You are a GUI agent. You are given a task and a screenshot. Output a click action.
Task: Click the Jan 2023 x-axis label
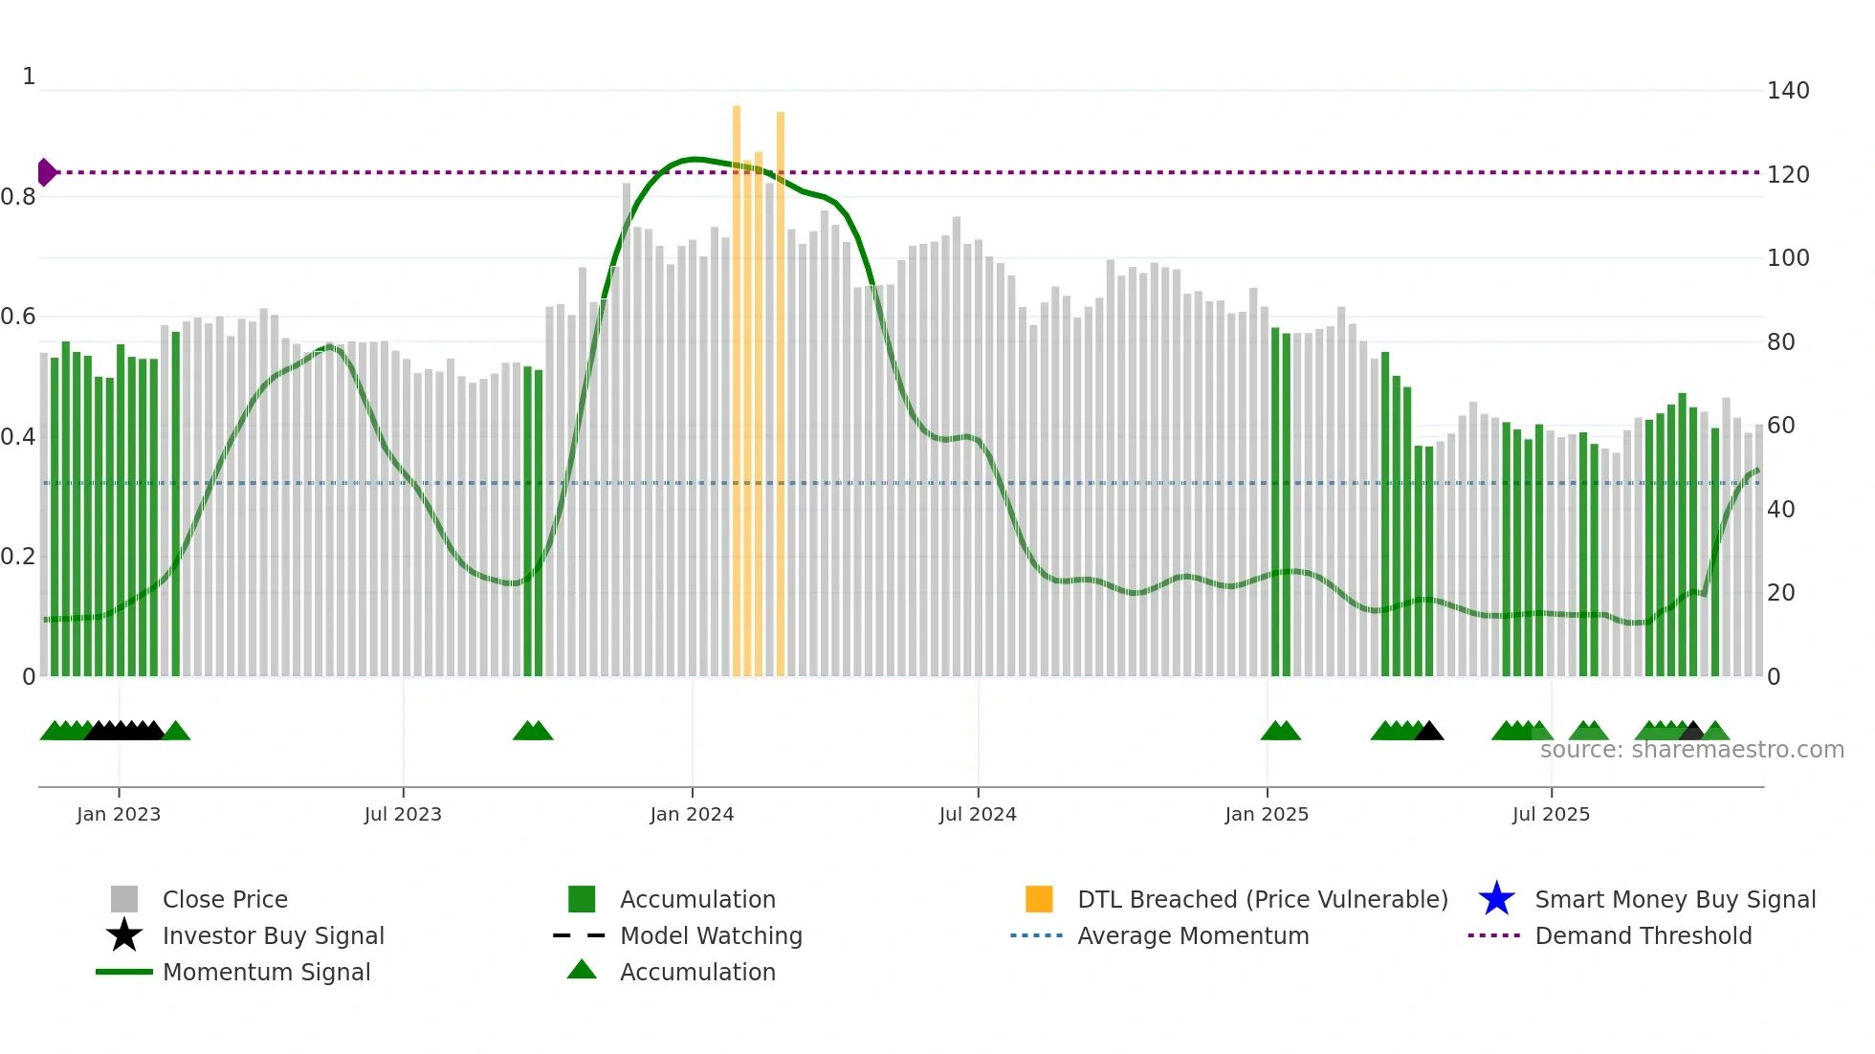click(x=119, y=814)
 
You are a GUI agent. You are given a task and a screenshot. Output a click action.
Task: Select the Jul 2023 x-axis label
click(x=403, y=814)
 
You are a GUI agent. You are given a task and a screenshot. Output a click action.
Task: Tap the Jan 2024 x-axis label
click(x=692, y=814)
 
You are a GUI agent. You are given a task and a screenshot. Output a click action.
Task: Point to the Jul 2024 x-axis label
click(x=978, y=814)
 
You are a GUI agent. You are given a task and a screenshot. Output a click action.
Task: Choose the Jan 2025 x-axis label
click(x=1267, y=814)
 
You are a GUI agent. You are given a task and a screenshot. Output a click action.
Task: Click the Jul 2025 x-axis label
click(x=1551, y=814)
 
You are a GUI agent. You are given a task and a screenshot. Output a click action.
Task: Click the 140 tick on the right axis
click(x=1788, y=91)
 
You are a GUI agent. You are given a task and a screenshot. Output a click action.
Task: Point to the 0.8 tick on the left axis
click(x=18, y=197)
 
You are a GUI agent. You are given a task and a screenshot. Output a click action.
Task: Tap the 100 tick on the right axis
click(x=1788, y=258)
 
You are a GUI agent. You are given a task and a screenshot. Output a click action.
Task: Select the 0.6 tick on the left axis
click(x=18, y=317)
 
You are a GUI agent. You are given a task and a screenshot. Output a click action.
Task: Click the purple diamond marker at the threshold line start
click(x=46, y=172)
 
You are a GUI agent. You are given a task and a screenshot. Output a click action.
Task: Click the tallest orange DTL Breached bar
click(x=737, y=383)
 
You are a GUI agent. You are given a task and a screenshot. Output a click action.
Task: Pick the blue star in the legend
click(x=1496, y=899)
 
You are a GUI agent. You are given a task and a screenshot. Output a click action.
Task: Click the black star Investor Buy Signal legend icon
click(x=124, y=935)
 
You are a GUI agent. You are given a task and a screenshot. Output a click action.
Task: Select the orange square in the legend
click(x=1039, y=899)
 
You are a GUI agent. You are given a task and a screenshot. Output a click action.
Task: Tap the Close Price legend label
click(x=225, y=899)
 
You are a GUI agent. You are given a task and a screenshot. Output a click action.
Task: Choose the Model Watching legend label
click(x=711, y=935)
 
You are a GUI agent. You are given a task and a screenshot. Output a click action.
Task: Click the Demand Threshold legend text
click(x=1643, y=935)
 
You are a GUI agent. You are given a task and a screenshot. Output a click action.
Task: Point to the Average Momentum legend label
click(x=1193, y=935)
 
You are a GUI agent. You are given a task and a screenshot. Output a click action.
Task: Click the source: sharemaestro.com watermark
click(x=1691, y=750)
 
